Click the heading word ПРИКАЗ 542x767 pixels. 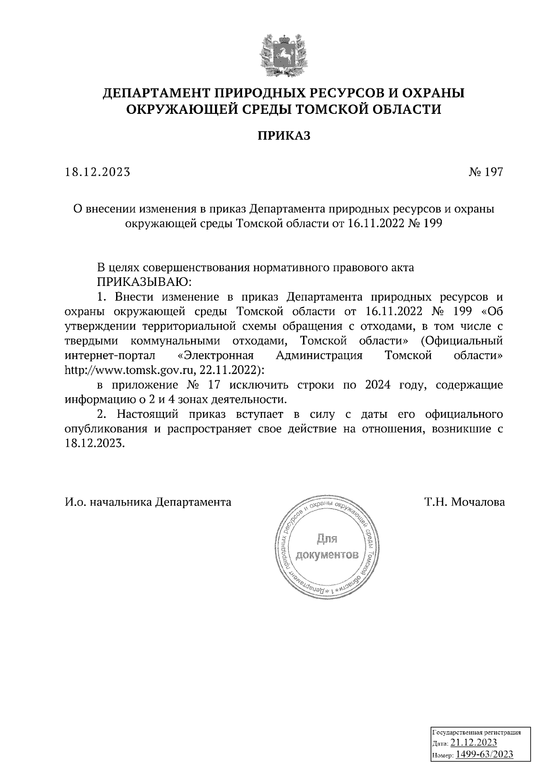point(284,136)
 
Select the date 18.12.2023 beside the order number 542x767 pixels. point(98,172)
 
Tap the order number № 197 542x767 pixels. point(485,172)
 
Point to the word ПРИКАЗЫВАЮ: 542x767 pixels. point(144,282)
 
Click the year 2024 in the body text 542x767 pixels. point(378,385)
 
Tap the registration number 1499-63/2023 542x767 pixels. point(484,754)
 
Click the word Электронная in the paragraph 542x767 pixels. point(215,355)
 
